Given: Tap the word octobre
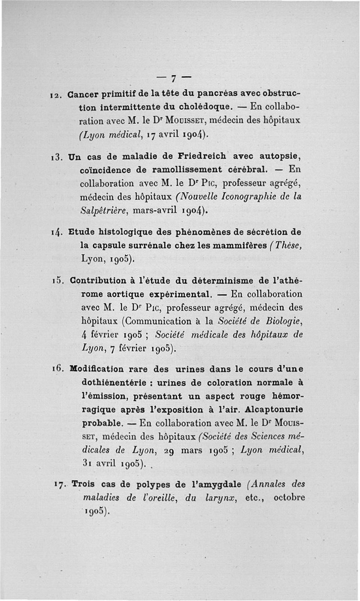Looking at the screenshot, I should [288, 497].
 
